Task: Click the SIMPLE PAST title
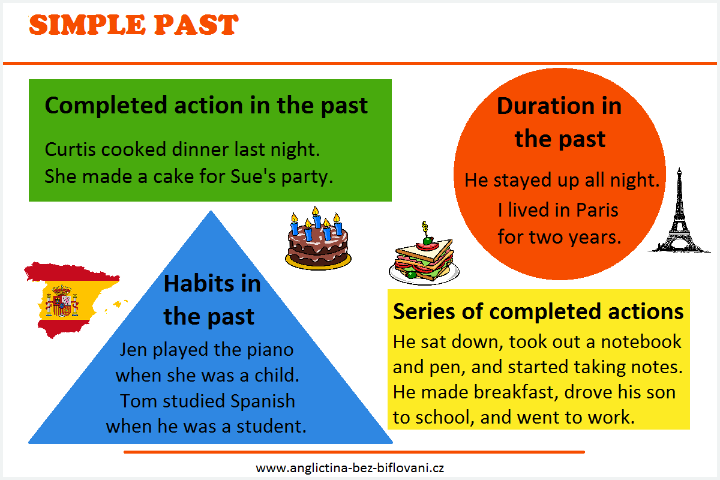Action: tap(133, 25)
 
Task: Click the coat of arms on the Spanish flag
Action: tap(62, 301)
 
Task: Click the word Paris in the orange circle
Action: tap(597, 210)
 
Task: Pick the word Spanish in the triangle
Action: tap(263, 401)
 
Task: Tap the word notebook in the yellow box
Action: tap(641, 341)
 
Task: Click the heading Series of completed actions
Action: tap(538, 311)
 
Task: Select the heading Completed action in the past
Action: tap(206, 106)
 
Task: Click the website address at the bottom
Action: tap(350, 468)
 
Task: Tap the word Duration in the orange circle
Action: tap(545, 106)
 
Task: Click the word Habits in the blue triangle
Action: tap(199, 284)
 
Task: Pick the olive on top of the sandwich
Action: tap(427, 241)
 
